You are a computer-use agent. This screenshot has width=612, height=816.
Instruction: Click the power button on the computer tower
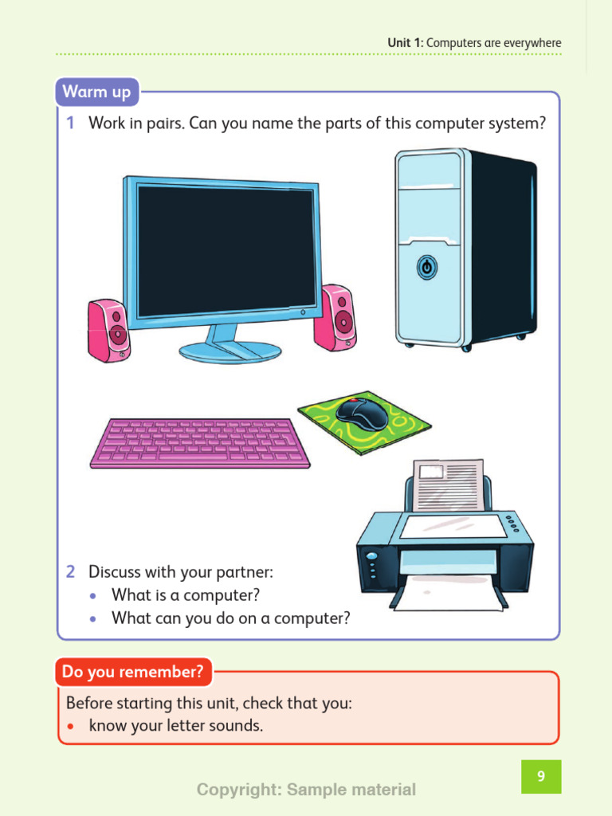426,268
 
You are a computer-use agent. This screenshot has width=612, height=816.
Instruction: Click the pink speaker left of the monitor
108,330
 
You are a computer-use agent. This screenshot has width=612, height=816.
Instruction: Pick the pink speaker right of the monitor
335,317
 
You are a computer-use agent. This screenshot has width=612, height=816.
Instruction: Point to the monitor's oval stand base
218,351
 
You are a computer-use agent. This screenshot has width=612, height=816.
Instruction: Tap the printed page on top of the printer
448,484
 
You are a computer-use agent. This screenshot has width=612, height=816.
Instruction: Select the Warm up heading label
96,92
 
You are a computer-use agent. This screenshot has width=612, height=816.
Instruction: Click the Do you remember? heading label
134,673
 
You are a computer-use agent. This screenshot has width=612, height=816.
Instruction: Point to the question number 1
71,124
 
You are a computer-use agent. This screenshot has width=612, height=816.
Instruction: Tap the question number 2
71,572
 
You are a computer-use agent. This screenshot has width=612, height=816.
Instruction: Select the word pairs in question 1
160,124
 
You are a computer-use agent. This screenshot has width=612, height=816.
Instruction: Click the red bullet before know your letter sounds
72,727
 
